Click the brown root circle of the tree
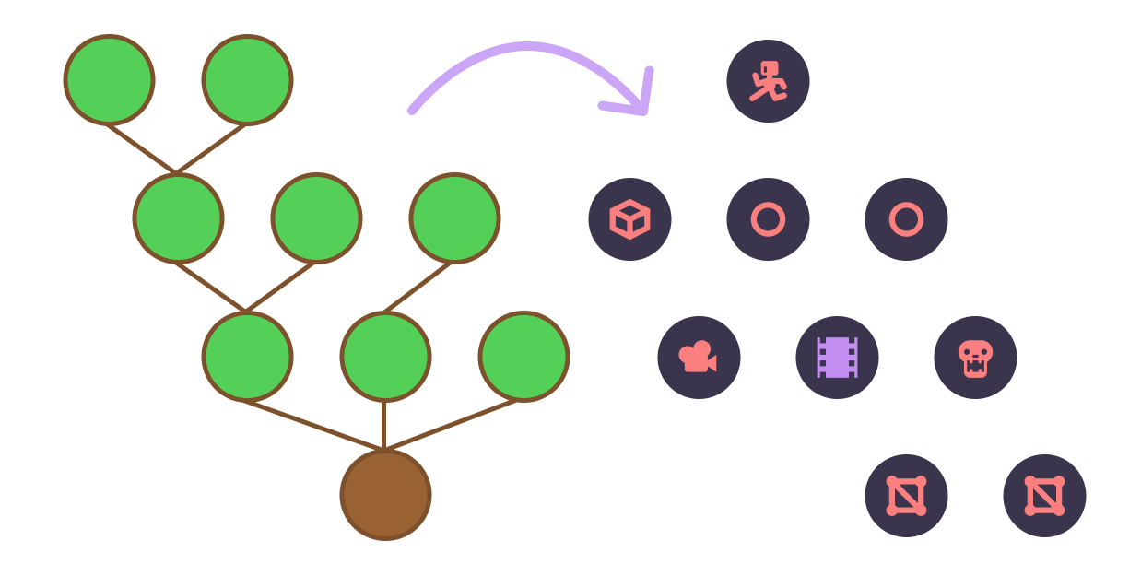coord(385,495)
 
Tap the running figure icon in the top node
coord(768,81)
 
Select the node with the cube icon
coord(629,219)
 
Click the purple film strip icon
coord(837,358)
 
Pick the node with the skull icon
coord(975,358)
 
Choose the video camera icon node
coord(699,358)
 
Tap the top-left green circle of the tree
coord(109,80)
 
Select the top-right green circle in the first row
coord(247,80)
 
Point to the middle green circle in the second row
coord(316,218)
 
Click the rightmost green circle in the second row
coord(454,218)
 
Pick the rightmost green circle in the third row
coord(523,357)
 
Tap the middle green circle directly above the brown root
coord(385,357)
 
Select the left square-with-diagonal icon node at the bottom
coord(906,496)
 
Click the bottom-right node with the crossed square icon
coord(1044,496)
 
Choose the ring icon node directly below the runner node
coord(768,219)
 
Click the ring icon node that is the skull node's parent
coord(906,219)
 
